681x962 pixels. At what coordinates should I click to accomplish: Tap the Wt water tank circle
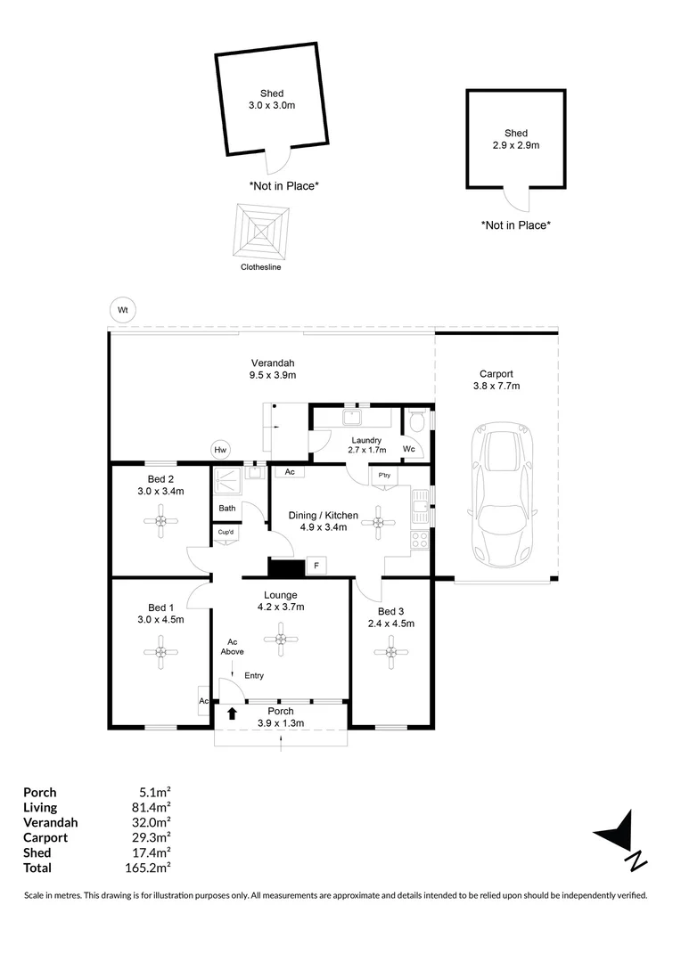[x=123, y=310]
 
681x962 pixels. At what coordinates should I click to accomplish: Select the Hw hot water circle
[x=220, y=451]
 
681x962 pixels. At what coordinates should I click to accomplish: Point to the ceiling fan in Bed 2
[x=161, y=521]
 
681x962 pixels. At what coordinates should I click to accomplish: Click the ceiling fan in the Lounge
[x=281, y=638]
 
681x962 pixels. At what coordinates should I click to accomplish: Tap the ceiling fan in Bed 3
[x=390, y=654]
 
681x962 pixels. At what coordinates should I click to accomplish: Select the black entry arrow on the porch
[x=233, y=713]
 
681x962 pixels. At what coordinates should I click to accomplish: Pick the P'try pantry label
[x=384, y=476]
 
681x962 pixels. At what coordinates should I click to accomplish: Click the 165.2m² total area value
[x=151, y=868]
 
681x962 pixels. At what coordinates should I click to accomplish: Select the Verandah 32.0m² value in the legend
[x=151, y=822]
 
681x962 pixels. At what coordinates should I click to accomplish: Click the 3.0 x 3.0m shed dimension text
[x=272, y=105]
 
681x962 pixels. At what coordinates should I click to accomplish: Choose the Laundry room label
[x=366, y=440]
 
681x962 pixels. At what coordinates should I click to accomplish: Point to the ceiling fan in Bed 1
[x=161, y=654]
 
